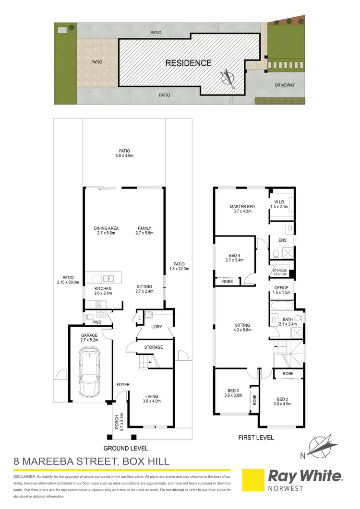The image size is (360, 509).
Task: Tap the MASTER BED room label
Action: [x=242, y=207]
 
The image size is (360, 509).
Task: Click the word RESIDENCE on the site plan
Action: [x=188, y=63]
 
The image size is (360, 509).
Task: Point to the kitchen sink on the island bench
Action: [x=109, y=278]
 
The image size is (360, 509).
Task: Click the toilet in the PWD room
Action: [x=88, y=316]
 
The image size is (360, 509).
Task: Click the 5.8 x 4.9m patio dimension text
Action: [x=124, y=156]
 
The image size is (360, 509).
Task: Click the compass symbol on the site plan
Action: [x=228, y=78]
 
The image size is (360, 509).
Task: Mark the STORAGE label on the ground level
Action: [x=153, y=347]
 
